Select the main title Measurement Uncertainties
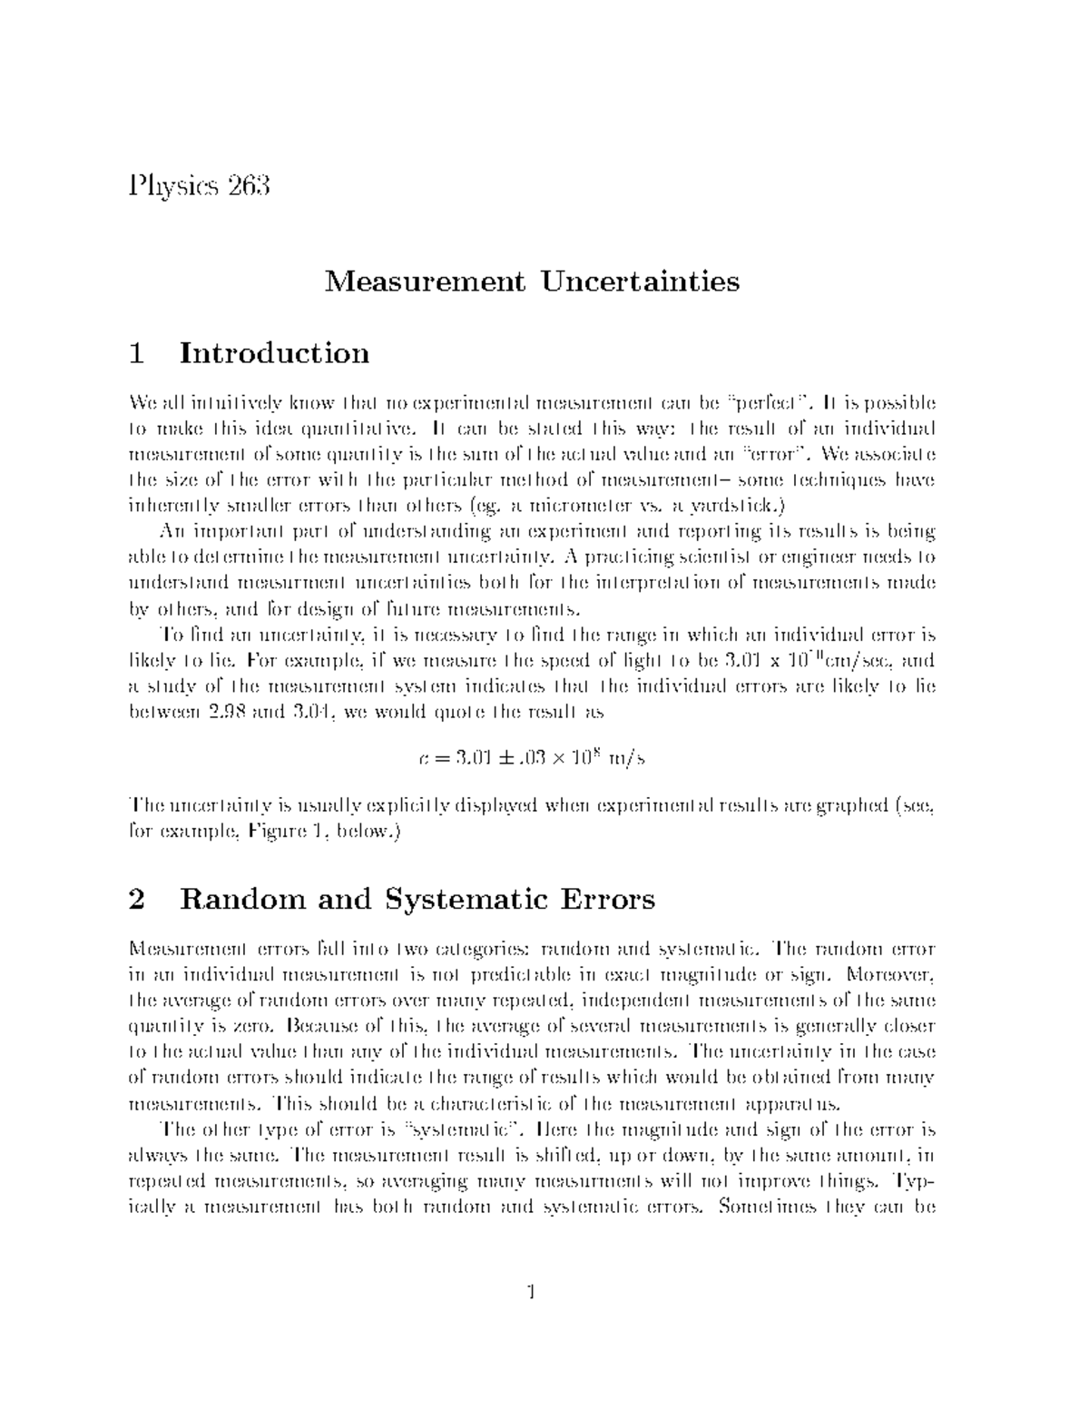click(x=533, y=281)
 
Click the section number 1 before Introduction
click(x=137, y=352)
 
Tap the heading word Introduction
click(x=275, y=352)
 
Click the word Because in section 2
click(x=324, y=1027)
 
